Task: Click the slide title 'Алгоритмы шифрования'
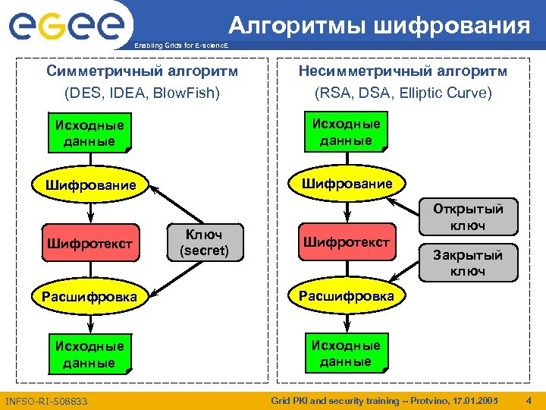point(380,27)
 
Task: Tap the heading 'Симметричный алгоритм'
point(142,71)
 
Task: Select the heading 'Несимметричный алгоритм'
point(403,71)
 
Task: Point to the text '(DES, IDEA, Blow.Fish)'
point(142,93)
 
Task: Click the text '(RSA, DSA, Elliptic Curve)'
point(403,93)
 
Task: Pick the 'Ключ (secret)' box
point(204,241)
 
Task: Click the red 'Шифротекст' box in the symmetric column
point(89,244)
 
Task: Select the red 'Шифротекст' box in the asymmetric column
point(346,242)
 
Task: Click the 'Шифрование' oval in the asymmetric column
point(346,184)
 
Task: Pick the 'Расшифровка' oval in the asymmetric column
point(346,295)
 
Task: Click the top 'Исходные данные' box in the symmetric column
point(89,133)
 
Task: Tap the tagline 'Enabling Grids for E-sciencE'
point(180,47)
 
